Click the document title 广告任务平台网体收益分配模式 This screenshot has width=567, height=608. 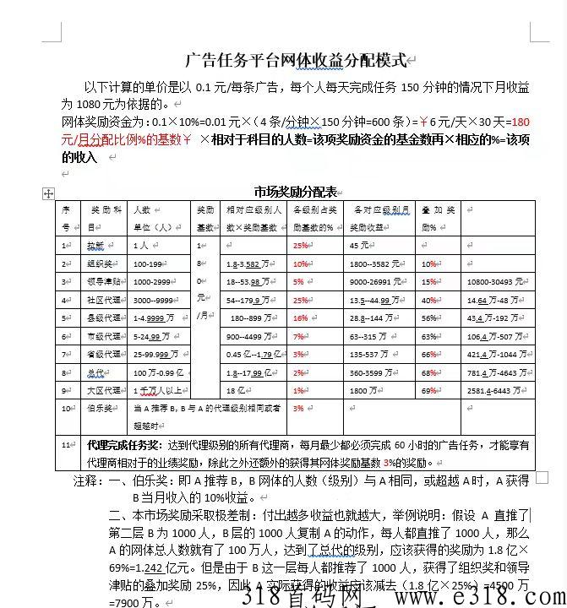[295, 60]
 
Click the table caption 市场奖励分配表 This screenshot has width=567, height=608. [296, 191]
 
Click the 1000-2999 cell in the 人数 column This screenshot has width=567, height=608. [153, 282]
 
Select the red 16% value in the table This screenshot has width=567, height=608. [300, 318]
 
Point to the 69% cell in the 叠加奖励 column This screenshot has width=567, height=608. [429, 391]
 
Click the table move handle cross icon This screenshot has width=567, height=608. [48, 193]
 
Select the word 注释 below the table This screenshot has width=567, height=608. [86, 481]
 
